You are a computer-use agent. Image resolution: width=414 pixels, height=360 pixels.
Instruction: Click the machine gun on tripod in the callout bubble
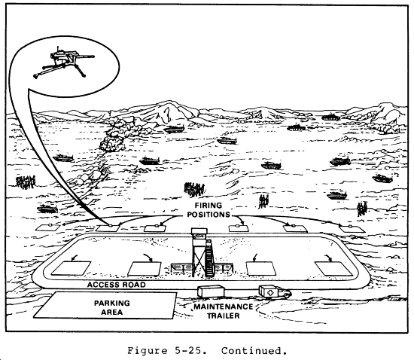(x=64, y=62)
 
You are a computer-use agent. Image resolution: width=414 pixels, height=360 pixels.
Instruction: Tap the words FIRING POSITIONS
(x=209, y=209)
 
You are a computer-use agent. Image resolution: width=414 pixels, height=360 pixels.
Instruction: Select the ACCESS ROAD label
(x=117, y=285)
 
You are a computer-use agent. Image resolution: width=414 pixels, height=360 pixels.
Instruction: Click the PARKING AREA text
(x=112, y=307)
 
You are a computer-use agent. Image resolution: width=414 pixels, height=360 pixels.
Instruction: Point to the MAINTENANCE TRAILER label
(x=224, y=311)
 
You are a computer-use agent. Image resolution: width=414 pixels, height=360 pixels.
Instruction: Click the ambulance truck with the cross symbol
(x=275, y=291)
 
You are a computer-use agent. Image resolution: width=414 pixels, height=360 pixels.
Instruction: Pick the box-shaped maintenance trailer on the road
(x=211, y=291)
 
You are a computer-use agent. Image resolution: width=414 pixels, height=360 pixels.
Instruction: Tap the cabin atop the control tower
(x=199, y=234)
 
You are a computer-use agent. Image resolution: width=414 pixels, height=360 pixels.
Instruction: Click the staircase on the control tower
(x=209, y=258)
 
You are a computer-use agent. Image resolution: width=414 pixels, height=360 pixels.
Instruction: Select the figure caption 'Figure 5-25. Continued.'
(x=207, y=351)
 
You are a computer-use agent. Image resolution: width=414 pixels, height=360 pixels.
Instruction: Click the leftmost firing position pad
(x=47, y=227)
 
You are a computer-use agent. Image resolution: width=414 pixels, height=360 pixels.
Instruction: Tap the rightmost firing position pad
(x=352, y=229)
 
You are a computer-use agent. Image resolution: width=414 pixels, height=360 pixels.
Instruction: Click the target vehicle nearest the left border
(x=47, y=209)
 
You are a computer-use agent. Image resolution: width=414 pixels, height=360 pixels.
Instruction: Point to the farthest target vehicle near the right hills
(x=331, y=117)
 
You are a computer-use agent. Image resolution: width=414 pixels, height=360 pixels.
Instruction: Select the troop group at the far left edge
(x=26, y=182)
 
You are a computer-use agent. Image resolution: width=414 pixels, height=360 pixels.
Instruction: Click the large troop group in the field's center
(x=194, y=189)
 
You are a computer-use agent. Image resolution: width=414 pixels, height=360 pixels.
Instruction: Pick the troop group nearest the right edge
(x=362, y=209)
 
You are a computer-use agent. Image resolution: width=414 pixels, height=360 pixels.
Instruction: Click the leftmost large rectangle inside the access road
(x=71, y=268)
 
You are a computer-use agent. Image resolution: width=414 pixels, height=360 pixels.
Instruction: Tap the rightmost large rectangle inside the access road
(x=334, y=269)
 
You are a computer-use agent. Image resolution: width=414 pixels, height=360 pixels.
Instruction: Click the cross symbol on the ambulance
(x=270, y=292)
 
